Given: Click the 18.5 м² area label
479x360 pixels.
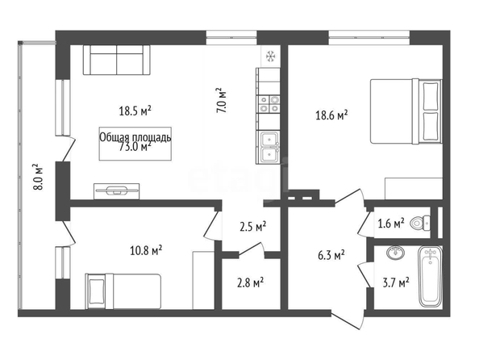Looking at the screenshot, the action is point(135,111).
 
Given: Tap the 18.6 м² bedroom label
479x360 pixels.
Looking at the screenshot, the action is point(331,115).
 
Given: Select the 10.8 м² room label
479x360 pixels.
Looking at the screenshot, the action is point(146,251).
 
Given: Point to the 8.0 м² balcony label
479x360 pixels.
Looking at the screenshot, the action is point(38,177).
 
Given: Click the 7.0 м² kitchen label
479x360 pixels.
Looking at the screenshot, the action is point(221,101).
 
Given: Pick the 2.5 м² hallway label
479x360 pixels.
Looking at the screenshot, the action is point(253,227).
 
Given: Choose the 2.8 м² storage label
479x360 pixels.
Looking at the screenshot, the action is point(251,283).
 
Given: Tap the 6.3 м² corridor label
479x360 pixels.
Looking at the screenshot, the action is point(331,255).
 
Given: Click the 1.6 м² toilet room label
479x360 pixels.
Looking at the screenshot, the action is point(391,224).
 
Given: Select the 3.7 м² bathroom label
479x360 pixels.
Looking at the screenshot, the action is point(396,283).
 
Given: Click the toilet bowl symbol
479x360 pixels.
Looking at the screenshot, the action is point(420,223).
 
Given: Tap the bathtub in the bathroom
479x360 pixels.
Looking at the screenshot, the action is point(430,276).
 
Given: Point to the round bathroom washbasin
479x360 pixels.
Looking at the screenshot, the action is point(396,253).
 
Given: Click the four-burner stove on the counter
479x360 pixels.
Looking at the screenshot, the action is point(269,103).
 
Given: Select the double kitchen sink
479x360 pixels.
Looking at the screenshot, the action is point(269,148).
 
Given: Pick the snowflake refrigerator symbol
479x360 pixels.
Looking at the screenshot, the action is point(270,56).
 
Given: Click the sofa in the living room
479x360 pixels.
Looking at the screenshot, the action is point(117,60).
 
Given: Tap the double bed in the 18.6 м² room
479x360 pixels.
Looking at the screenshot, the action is point(406,111).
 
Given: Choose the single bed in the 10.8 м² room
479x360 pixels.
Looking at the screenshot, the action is point(123,291).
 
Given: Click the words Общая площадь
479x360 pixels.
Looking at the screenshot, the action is point(135,138).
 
